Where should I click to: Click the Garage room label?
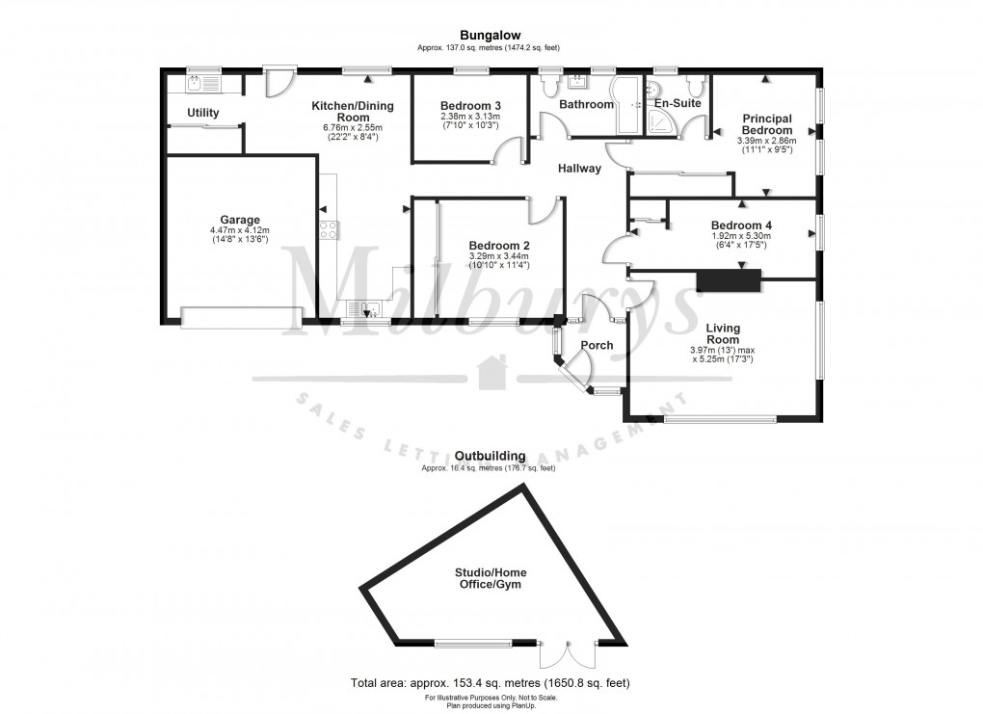point(239,220)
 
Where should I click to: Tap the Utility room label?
point(202,113)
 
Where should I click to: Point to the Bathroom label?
point(586,104)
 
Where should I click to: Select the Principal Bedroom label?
point(767,124)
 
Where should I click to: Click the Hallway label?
point(579,169)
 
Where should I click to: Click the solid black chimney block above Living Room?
point(728,280)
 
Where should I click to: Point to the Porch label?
point(597,345)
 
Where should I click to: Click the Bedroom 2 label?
point(498,245)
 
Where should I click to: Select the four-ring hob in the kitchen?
point(328,229)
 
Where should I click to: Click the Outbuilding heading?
point(491,456)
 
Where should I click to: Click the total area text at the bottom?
point(491,683)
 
